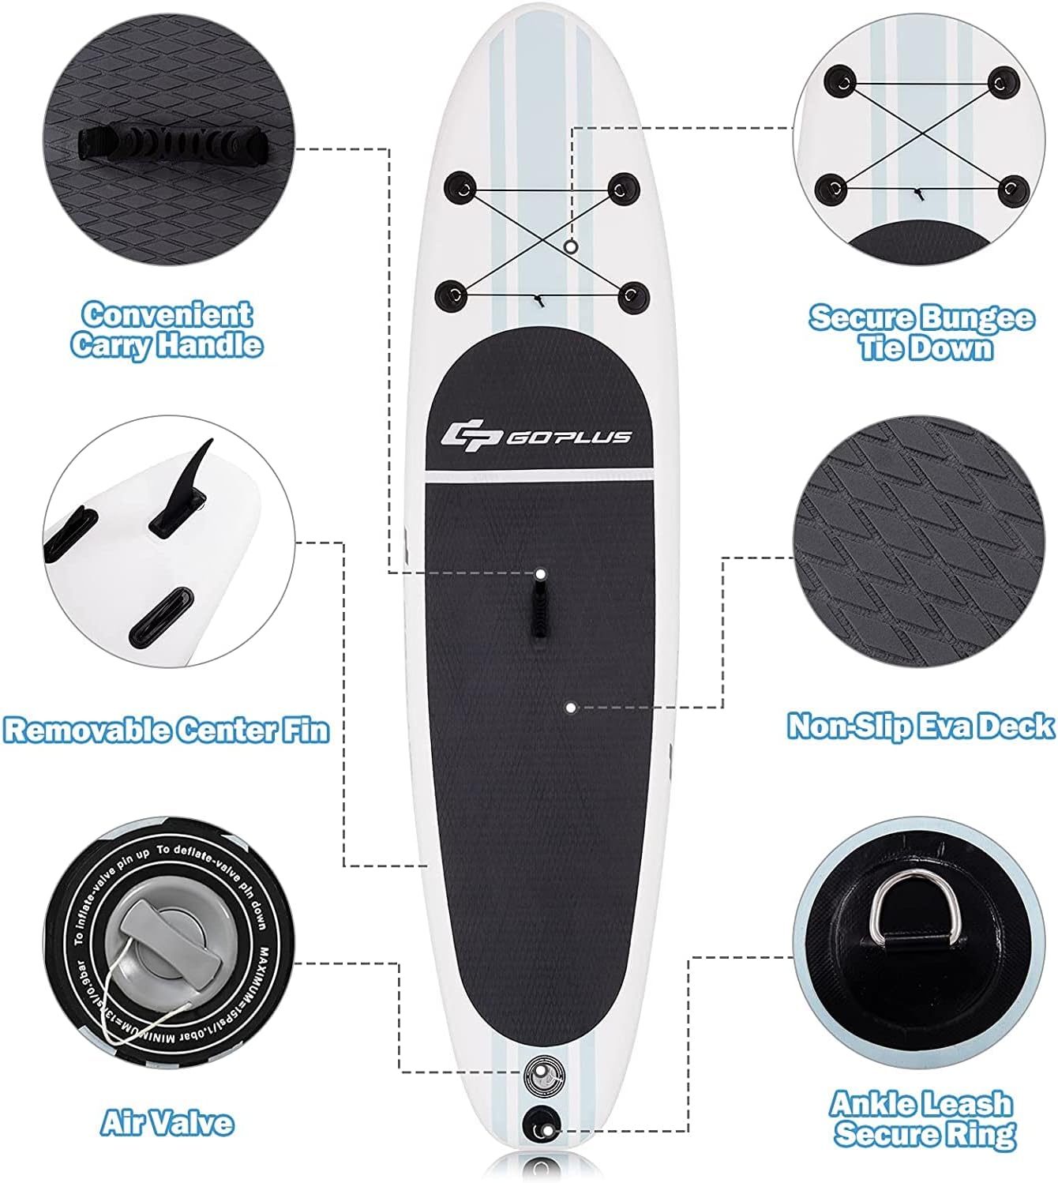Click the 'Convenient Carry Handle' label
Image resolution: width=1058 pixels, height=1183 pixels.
click(x=166, y=330)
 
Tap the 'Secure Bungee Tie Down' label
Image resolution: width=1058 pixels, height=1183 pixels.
click(x=921, y=332)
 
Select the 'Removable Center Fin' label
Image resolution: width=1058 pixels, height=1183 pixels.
click(x=166, y=728)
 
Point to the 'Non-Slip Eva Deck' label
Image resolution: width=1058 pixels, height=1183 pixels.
click(x=921, y=725)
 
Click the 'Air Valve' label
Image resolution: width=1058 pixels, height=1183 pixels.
click(x=167, y=1122)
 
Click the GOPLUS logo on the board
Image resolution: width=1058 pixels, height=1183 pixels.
click(x=537, y=435)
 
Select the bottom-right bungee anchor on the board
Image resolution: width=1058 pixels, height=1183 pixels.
click(x=632, y=295)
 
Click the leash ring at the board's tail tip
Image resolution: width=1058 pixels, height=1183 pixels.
click(x=542, y=1123)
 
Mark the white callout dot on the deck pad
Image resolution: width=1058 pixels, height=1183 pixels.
click(x=571, y=708)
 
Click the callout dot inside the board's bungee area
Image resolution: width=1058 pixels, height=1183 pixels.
click(x=572, y=247)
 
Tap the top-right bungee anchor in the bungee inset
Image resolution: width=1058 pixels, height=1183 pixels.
click(x=1003, y=81)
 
